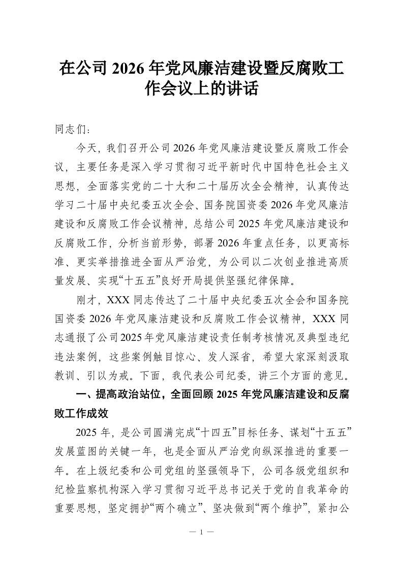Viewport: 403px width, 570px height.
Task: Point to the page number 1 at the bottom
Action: click(201, 532)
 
